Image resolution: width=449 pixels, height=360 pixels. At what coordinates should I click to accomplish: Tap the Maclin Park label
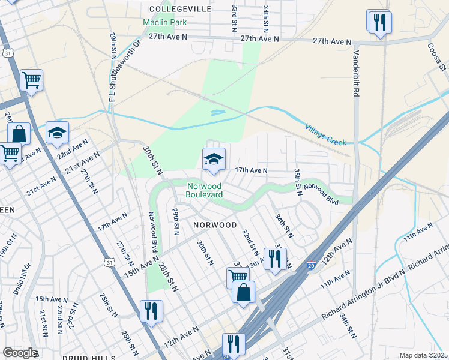[164, 23]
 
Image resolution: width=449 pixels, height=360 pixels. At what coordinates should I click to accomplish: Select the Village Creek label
[326, 135]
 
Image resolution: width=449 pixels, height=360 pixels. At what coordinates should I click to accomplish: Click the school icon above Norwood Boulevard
[213, 160]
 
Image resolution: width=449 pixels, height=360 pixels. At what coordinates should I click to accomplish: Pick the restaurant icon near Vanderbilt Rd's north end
[379, 23]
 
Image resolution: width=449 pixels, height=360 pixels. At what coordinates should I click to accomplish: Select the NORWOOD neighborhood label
[215, 225]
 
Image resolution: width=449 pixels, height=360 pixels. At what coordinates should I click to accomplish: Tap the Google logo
[20, 353]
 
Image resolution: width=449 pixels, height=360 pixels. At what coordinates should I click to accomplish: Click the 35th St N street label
[297, 182]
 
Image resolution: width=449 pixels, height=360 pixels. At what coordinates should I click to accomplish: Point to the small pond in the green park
[217, 112]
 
